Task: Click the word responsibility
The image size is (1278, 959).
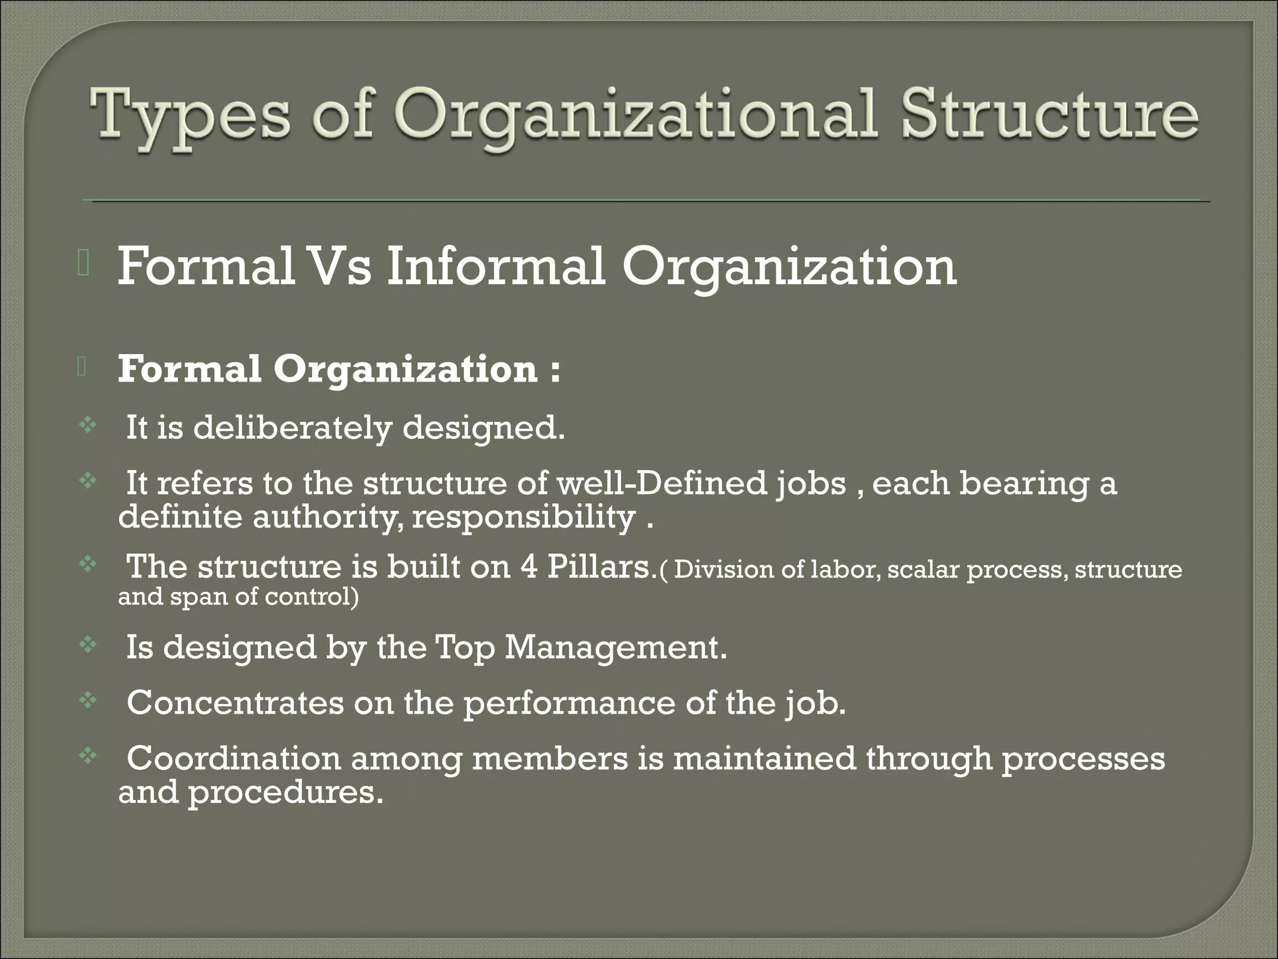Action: point(524,517)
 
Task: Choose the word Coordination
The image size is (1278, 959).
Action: point(234,758)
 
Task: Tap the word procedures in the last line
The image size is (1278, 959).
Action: point(285,792)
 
